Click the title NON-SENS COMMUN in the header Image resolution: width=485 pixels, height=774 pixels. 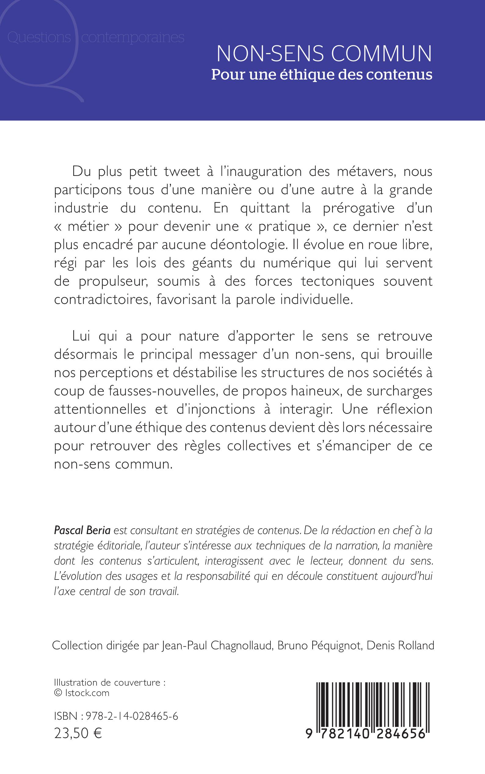[x=324, y=54]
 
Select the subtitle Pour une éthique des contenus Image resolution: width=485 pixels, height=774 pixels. [x=322, y=75]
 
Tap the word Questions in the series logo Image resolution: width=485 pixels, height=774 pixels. [x=39, y=37]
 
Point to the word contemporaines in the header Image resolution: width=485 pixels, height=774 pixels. [x=132, y=37]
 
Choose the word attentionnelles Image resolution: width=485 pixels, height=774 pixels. [x=100, y=409]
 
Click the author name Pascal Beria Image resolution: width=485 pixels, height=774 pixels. [x=82, y=530]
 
